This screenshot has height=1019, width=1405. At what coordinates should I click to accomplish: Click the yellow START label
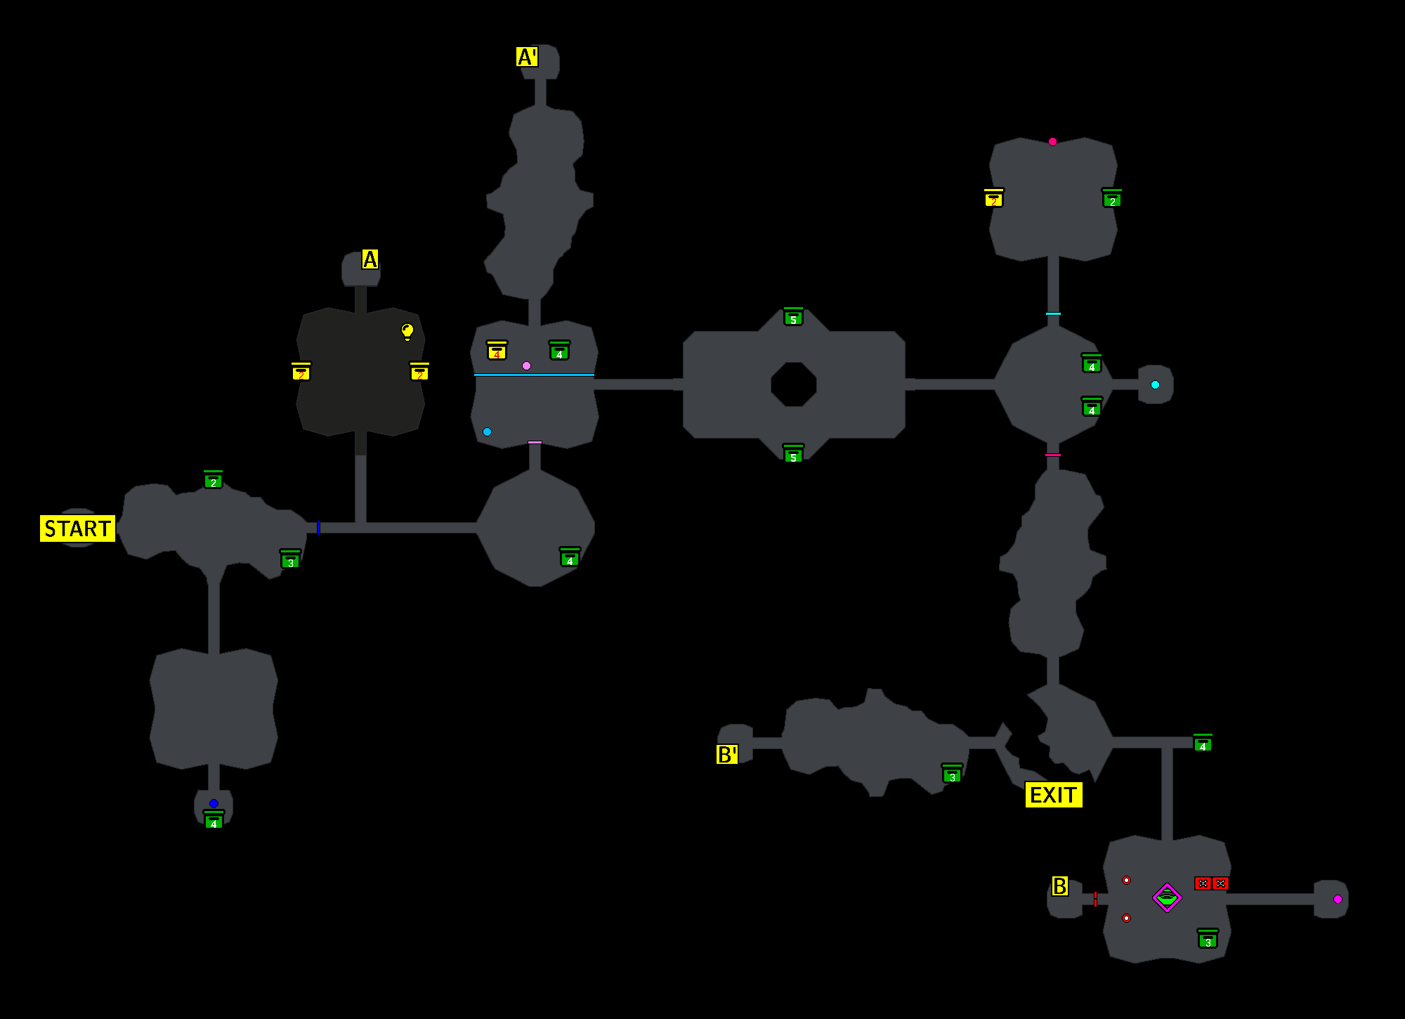(x=77, y=528)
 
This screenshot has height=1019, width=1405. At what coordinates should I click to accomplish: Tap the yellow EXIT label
(x=1053, y=795)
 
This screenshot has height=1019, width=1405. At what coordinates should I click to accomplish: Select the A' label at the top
(x=527, y=57)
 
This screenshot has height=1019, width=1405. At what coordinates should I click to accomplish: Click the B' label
(x=727, y=755)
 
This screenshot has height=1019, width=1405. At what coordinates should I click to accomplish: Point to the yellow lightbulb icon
(x=407, y=331)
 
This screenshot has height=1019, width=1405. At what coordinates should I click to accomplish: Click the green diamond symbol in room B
(x=1167, y=897)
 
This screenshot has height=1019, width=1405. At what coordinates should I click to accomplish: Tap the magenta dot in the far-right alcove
(x=1338, y=899)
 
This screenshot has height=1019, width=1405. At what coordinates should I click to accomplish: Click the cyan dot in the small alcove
(x=1155, y=384)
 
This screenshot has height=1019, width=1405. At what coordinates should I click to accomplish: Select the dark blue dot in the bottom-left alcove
(x=214, y=803)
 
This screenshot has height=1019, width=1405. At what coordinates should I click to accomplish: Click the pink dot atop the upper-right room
(x=1052, y=141)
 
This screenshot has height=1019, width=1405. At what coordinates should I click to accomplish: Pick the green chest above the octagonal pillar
(x=793, y=317)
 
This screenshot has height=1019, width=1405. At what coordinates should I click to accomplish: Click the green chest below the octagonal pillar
(x=793, y=454)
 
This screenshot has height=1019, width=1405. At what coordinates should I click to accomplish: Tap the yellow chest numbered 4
(x=497, y=351)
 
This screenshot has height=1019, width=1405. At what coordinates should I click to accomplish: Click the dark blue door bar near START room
(x=318, y=528)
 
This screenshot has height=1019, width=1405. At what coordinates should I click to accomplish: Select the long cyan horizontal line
(x=534, y=375)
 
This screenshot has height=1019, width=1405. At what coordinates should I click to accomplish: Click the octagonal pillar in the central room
(x=793, y=384)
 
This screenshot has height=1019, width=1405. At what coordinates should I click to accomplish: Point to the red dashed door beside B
(x=1095, y=899)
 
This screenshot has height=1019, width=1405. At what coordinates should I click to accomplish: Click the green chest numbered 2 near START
(x=213, y=480)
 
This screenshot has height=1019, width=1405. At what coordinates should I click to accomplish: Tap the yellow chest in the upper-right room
(x=993, y=198)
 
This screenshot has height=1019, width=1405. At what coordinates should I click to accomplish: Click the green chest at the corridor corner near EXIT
(x=1203, y=743)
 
